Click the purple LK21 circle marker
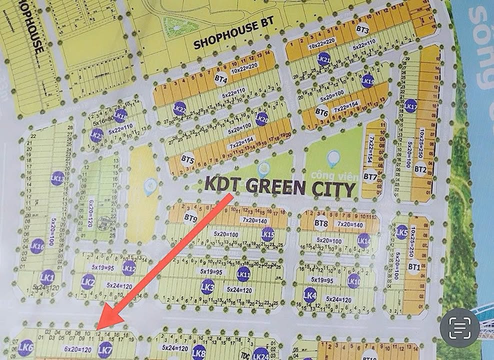(323, 58)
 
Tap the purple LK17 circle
(410, 105)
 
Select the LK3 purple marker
(207, 286)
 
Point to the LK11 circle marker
(243, 274)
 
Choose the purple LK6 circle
(25, 347)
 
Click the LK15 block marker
(268, 234)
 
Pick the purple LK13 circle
(57, 178)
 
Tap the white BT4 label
(221, 78)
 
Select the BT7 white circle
(370, 176)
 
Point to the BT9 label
(190, 218)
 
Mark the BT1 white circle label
(413, 267)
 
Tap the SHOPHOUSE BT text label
(228, 41)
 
